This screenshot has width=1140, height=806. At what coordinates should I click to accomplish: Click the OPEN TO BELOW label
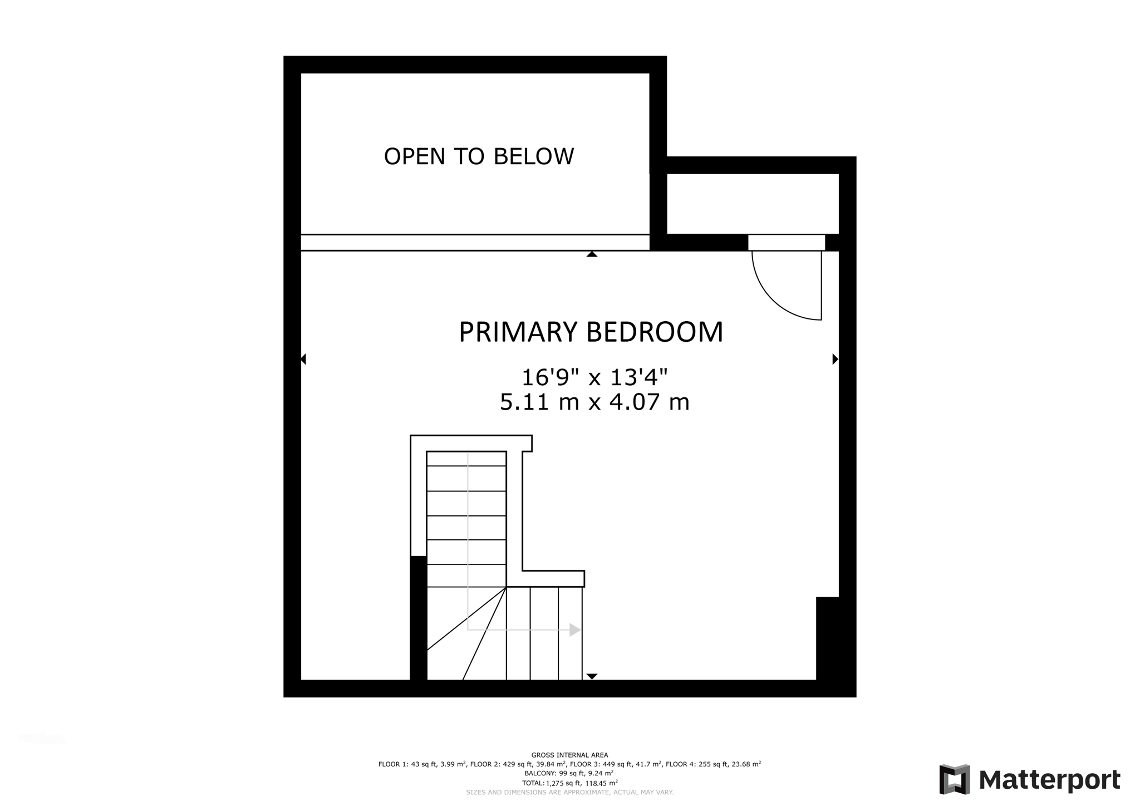479,156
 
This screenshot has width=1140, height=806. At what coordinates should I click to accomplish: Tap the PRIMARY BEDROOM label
591,332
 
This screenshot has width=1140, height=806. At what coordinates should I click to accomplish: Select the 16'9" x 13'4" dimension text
594,377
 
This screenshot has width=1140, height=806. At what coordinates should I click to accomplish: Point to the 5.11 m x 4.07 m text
594,402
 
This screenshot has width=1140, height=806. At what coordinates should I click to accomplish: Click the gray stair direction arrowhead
575,630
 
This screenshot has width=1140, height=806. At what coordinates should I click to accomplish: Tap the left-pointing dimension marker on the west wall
303,359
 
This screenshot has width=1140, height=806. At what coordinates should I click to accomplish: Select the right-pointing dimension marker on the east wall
835,359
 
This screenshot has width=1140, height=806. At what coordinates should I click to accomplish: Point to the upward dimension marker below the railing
592,254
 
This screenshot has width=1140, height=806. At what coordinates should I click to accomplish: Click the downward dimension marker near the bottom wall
592,676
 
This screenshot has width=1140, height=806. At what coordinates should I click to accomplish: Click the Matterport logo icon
954,779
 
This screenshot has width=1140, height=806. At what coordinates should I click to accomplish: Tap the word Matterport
1049,780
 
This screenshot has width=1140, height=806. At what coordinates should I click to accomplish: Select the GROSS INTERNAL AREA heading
569,755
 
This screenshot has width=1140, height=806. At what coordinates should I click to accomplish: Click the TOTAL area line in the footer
569,783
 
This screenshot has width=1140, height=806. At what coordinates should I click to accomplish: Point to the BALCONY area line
569,773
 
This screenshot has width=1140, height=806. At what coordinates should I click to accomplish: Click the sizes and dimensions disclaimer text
569,792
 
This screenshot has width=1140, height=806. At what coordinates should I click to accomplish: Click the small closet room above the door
753,203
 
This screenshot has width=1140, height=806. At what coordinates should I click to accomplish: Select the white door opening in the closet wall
786,243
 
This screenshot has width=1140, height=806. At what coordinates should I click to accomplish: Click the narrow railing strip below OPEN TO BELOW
475,243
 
